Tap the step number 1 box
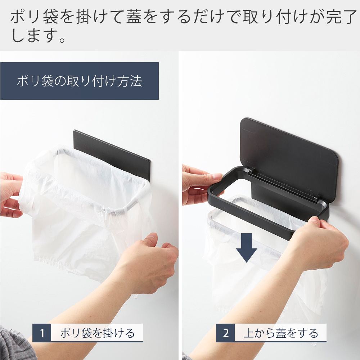[x=42, y=333]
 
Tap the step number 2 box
[x=225, y=333]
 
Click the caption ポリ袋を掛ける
[x=97, y=333]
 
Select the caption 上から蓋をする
[x=281, y=333]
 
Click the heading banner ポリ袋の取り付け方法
[x=79, y=81]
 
